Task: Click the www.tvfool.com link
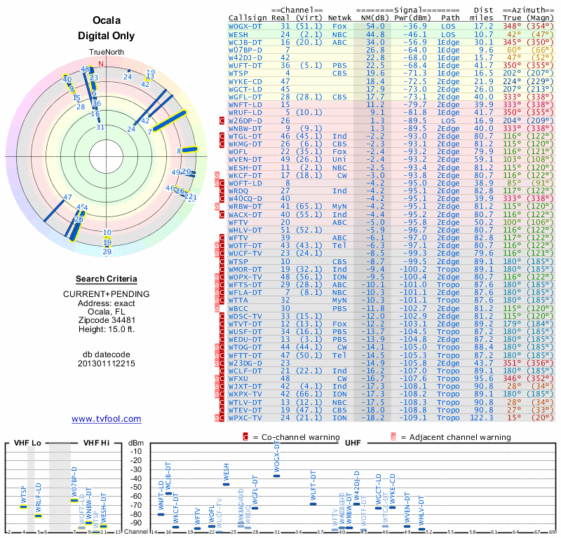click(106, 419)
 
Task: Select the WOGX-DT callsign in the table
click(246, 26)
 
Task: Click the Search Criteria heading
click(106, 279)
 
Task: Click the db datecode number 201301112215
click(106, 364)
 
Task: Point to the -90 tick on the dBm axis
click(136, 523)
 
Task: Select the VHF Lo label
click(26, 443)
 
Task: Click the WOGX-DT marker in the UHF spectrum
click(276, 476)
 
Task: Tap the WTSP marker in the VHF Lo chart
click(23, 506)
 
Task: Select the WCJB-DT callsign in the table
click(246, 41)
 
